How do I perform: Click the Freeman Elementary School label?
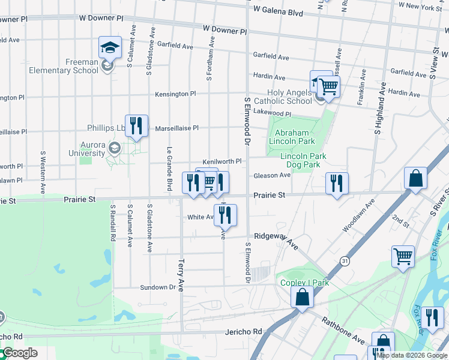coord(64,66)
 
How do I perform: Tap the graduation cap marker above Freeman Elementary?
coord(110,47)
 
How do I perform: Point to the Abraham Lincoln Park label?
coord(295,137)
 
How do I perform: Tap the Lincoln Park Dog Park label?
coord(303,160)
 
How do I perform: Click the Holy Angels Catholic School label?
coord(282,97)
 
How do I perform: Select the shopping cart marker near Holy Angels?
coord(328,86)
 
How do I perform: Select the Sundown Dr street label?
coord(158,287)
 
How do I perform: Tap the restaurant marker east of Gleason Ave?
coord(337,183)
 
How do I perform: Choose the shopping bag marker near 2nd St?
coord(415,178)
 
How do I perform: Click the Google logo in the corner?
coord(19,353)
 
